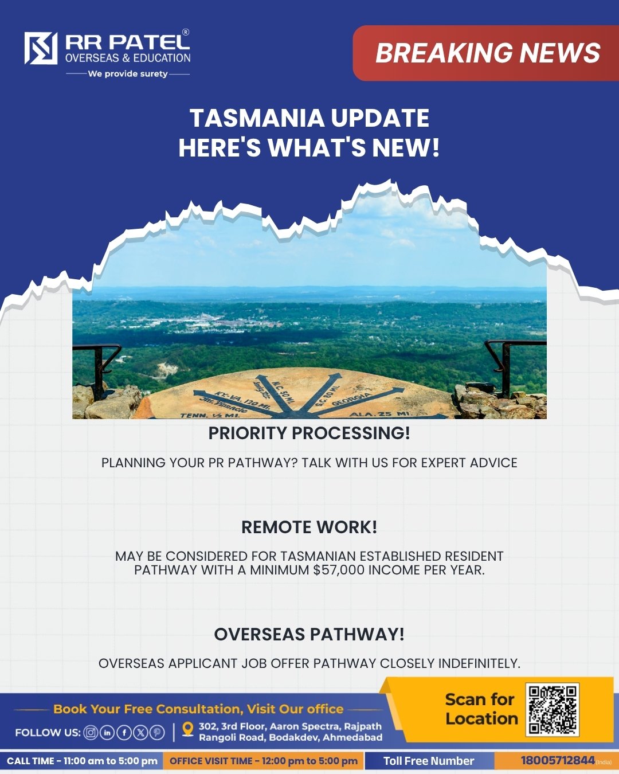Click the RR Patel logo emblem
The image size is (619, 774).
click(x=41, y=48)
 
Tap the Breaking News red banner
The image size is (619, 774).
click(x=485, y=53)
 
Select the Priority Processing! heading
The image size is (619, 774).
click(x=309, y=433)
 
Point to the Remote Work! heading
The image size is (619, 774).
click(x=309, y=527)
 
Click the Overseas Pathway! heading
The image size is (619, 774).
click(x=309, y=634)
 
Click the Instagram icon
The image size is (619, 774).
click(x=91, y=733)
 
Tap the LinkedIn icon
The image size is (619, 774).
click(x=107, y=733)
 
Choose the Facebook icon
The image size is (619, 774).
click(x=124, y=733)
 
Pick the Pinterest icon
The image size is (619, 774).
click(x=157, y=733)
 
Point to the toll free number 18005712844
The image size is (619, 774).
click(x=558, y=760)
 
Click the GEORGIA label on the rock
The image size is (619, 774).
click(x=351, y=400)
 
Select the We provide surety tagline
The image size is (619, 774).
click(x=128, y=74)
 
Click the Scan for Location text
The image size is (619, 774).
click(x=481, y=709)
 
